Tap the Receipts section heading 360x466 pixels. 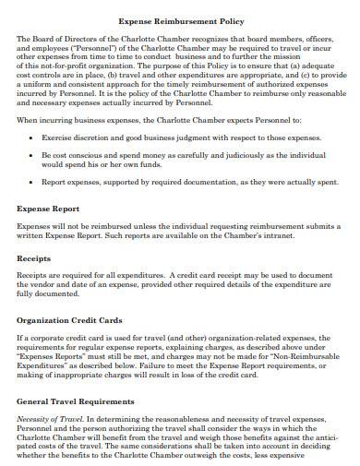point(34,259)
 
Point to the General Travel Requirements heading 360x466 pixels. point(76,402)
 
